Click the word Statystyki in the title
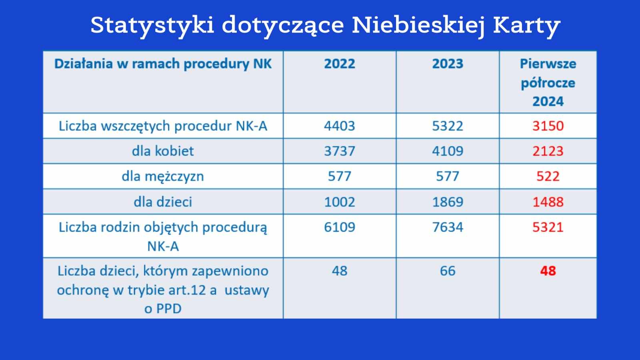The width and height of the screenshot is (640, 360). coord(152,26)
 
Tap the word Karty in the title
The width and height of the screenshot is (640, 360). coord(526,26)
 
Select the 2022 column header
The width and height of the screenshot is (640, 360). coord(340,64)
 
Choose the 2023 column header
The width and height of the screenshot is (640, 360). coord(448,64)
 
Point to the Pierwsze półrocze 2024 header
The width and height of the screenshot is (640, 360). coord(548,82)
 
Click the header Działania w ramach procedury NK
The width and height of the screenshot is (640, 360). coord(163,64)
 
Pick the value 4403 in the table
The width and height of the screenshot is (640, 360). coord(340,126)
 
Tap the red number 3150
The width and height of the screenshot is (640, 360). coord(548,126)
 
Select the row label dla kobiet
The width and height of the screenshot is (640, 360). coord(163,151)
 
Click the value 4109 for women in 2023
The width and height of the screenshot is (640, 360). coord(448,151)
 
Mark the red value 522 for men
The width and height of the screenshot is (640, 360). coord(548,176)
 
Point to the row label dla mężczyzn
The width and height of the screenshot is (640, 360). coord(163,176)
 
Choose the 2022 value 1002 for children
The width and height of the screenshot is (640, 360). coord(340,202)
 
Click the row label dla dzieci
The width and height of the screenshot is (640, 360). coord(163,202)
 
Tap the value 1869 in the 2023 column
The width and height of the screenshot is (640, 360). coord(448,202)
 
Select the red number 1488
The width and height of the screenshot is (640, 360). coord(548,202)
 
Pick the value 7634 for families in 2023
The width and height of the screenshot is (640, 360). coord(448,227)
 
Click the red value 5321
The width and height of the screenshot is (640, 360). coord(548,227)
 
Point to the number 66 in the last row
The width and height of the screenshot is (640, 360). coord(448,271)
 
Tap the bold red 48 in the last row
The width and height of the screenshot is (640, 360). coord(548,271)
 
